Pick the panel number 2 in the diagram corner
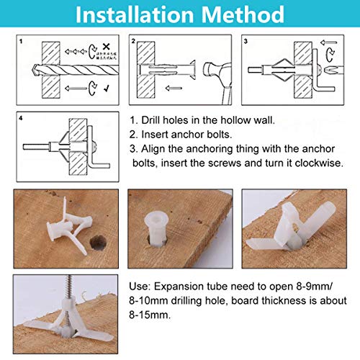coord(134,41)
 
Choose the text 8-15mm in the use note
coord(148,314)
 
